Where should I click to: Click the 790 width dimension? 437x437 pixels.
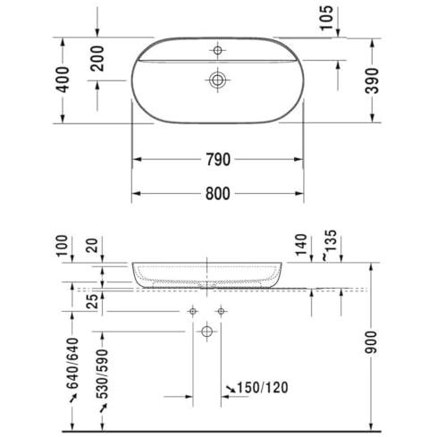tap(218, 159)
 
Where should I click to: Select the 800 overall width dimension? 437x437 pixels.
tap(218, 194)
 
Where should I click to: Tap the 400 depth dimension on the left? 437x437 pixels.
tap(63, 80)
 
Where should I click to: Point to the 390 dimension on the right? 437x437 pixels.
tap(373, 80)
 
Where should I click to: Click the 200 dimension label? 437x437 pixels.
tap(97, 58)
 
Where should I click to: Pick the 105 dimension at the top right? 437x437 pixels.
tap(326, 18)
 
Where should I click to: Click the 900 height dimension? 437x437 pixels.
tap(371, 342)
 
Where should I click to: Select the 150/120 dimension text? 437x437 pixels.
tap(263, 388)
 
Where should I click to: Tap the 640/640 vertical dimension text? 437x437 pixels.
tap(72, 363)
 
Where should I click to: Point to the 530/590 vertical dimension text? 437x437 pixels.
tap(102, 374)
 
